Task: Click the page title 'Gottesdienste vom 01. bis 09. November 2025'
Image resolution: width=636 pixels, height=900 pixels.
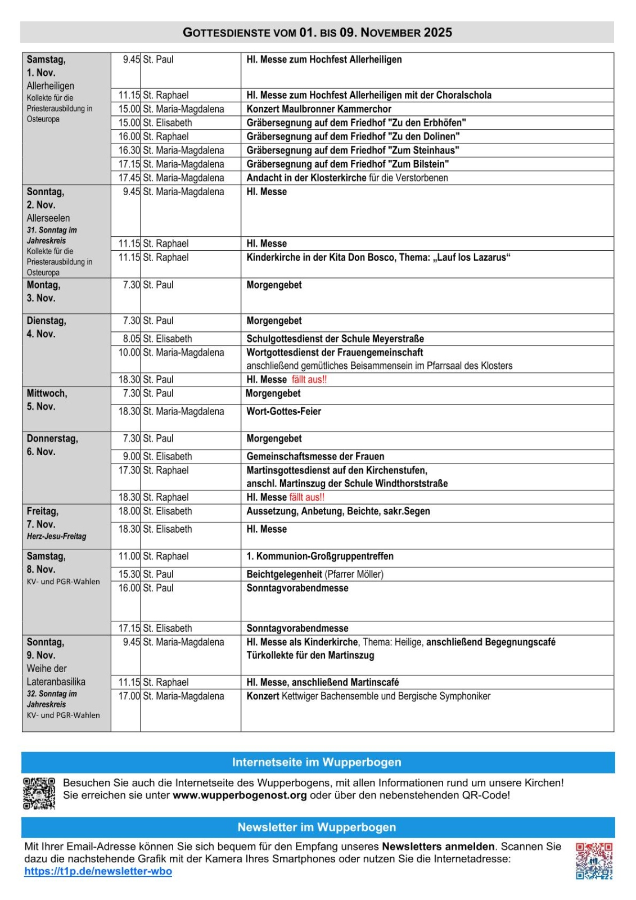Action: coord(317,33)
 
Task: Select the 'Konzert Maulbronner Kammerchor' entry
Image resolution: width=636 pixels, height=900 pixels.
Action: coord(318,109)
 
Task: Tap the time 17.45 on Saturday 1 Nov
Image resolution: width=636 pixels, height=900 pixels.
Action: coord(129,178)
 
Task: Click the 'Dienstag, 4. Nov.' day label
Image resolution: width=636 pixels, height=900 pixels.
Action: coord(47,327)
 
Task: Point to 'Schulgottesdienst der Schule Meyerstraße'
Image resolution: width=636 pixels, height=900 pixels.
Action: coord(335,339)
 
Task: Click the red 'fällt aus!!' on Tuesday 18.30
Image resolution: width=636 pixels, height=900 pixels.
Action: coord(309,380)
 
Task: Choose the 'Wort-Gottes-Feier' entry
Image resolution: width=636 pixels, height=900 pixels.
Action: coord(283,411)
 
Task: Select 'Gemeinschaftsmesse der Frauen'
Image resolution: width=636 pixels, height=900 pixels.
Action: coord(315,456)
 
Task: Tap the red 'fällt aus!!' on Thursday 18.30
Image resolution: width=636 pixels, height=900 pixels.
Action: coord(307,497)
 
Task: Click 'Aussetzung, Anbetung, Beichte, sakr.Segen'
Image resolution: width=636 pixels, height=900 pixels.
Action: coord(338,511)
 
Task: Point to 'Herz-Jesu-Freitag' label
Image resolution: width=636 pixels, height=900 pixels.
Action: coord(57,536)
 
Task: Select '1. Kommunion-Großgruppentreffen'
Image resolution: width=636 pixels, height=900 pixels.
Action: coord(320,556)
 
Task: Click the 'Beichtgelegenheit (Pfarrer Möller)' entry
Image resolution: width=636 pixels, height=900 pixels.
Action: coord(314,574)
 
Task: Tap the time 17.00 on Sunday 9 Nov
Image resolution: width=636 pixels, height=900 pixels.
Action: coord(129,696)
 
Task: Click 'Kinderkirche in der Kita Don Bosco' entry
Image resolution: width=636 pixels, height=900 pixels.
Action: coord(378,258)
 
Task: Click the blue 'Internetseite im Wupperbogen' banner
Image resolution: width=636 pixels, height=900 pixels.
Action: coord(317,762)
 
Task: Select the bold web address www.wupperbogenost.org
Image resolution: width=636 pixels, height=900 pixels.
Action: coord(240,795)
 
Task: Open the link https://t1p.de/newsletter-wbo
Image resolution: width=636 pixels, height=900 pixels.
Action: coord(98,871)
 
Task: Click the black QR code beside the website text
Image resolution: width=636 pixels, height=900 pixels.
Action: coord(39,793)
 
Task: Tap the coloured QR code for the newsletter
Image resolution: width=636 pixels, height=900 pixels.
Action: coord(594,861)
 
